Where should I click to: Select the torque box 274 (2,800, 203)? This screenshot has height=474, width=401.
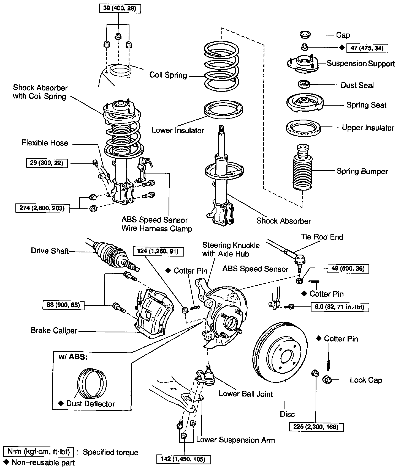click(42, 208)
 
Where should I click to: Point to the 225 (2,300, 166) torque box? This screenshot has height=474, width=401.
click(317, 427)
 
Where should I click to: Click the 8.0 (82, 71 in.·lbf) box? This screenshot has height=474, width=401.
click(340, 307)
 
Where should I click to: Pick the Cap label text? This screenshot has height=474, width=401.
click(343, 35)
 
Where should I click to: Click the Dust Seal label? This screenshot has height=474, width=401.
click(357, 85)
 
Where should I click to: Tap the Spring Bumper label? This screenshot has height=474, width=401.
click(362, 171)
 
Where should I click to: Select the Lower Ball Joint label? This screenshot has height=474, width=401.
click(246, 394)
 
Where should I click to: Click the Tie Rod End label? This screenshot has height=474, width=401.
click(322, 237)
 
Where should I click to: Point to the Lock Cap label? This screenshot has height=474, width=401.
click(366, 380)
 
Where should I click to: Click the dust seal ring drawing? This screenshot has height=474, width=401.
click(304, 84)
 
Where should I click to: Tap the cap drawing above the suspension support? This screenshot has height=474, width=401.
click(305, 35)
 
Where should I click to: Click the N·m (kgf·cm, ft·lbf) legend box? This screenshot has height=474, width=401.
click(39, 452)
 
